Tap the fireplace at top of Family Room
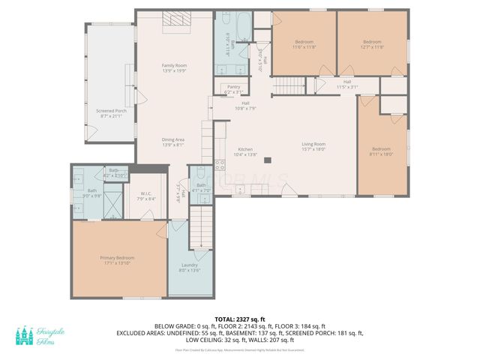(174, 22)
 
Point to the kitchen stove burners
(220, 165)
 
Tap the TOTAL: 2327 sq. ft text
(239, 319)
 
